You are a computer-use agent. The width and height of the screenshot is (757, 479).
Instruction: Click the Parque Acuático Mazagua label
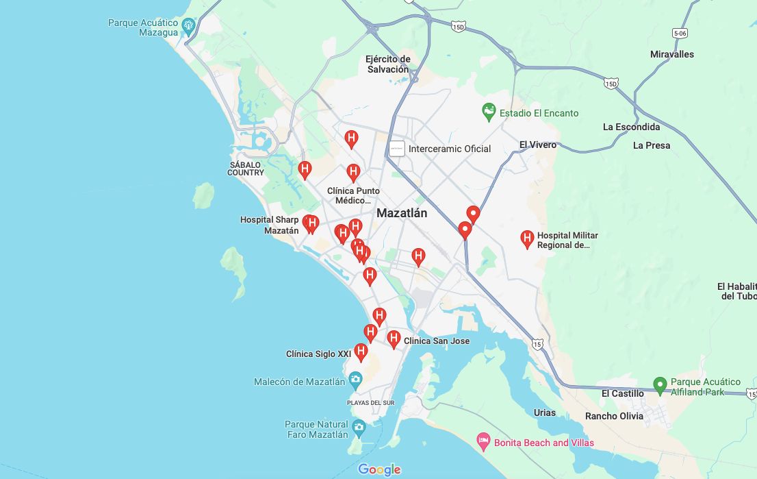point(143,27)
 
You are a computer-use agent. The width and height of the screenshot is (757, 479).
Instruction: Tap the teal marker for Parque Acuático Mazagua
point(189,25)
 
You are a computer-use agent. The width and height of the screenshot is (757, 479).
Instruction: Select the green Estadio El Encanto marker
point(489,112)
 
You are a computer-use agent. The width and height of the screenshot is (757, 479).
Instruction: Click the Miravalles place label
point(671,54)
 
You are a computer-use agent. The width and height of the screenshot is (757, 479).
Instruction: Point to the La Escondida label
point(631,127)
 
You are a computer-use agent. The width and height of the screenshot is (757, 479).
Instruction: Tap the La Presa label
point(652,145)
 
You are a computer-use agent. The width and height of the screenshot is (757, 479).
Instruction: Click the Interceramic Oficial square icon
point(397,148)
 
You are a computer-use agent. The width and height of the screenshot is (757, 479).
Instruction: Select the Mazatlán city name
point(402,213)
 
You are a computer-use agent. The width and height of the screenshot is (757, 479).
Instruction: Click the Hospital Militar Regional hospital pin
point(527,238)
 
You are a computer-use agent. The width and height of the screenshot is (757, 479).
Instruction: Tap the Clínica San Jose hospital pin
point(394,339)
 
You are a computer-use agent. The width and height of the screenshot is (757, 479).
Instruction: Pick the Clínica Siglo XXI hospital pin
point(361,352)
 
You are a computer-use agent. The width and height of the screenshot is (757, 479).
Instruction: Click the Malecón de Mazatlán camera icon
point(355,379)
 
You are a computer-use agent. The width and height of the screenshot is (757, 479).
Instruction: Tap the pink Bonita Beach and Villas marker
point(483,442)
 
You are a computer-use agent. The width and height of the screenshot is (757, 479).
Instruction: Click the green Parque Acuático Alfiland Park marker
point(660,386)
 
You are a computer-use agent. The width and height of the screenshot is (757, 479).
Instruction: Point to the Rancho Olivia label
point(614,416)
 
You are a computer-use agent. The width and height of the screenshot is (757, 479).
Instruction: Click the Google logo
point(378,469)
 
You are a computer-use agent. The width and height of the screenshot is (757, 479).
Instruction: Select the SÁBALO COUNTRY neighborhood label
point(246,169)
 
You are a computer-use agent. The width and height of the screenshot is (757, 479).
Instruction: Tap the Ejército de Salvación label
point(387,64)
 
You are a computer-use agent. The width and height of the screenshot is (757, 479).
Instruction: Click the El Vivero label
point(537,145)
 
